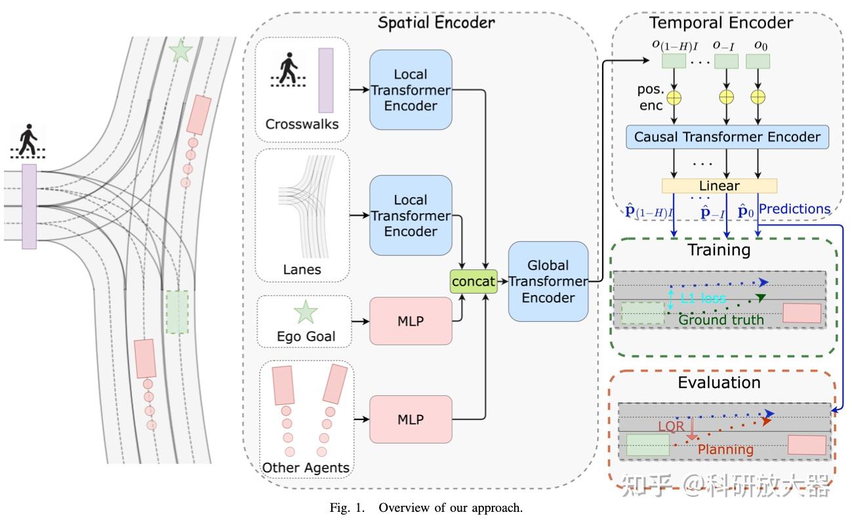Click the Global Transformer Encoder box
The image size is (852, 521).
coord(548,281)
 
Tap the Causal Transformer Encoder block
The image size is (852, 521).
coord(727,137)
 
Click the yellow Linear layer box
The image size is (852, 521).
coord(720,186)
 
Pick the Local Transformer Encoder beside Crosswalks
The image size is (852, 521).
coord(411,90)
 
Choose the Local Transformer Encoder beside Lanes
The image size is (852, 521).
coord(411,215)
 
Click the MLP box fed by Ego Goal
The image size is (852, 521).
coord(411,320)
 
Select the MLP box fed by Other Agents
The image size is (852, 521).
coord(411,419)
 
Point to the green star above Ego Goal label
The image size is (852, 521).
coord(305,313)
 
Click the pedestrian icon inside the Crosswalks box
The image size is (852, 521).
coord(288,69)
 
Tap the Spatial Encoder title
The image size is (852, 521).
coord(436,23)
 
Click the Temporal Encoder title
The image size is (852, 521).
coord(721,23)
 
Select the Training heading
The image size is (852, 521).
coord(718,250)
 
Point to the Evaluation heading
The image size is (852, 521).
coord(720,382)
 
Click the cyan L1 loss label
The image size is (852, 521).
coord(702,299)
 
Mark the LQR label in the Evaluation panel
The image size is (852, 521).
coord(671,426)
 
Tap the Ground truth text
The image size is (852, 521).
coord(721,320)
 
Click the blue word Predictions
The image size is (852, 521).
coord(794,209)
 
